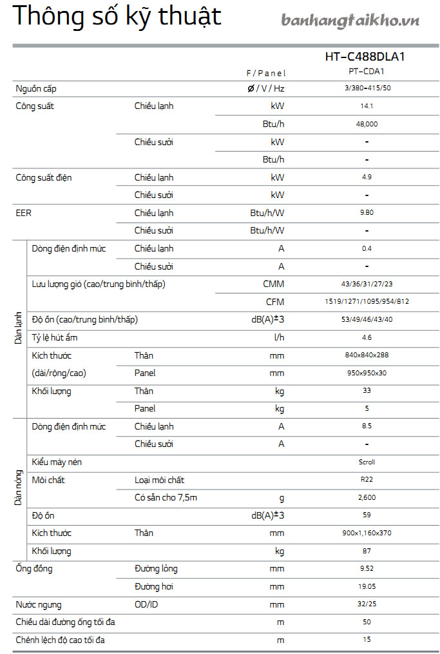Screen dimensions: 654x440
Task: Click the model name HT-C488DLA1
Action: tap(365, 57)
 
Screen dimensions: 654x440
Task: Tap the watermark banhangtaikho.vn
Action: tap(350, 21)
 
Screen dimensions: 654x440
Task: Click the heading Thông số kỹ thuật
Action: tap(117, 17)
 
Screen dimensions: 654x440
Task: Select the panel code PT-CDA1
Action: tap(366, 72)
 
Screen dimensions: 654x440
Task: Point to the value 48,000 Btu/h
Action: tap(367, 124)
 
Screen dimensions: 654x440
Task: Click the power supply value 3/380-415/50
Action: tap(367, 88)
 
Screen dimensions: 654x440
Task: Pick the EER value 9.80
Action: tap(367, 213)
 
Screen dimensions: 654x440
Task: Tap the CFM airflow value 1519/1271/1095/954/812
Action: tap(367, 302)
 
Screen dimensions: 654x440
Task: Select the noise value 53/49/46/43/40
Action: tap(367, 319)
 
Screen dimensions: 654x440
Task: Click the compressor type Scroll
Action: tap(367, 462)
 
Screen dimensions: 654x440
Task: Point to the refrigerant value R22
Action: tap(367, 480)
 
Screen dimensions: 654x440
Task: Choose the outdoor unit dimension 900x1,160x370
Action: tap(367, 533)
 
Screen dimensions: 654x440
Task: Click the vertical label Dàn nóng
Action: tap(19, 488)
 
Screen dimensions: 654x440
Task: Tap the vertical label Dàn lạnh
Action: tap(19, 327)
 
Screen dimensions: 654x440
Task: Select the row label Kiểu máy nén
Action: tap(57, 462)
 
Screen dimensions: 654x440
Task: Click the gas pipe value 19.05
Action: tap(367, 587)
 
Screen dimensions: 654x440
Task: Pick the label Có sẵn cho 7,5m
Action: tap(166, 497)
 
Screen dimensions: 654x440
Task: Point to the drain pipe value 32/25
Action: tap(367, 604)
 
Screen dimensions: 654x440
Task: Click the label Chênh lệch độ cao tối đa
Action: tap(60, 640)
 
